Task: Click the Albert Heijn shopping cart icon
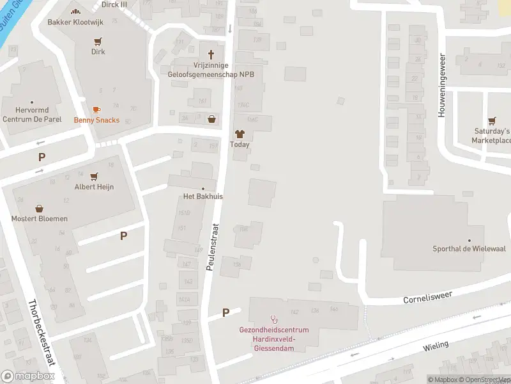pyautogui.click(x=94, y=177)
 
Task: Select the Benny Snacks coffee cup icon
pyautogui.click(x=96, y=110)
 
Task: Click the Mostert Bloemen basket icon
pyautogui.click(x=40, y=209)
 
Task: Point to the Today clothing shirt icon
pyautogui.click(x=240, y=134)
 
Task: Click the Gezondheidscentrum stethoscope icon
pyautogui.click(x=275, y=319)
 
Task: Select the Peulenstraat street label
pyautogui.click(x=213, y=246)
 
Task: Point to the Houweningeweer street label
pyautogui.click(x=441, y=84)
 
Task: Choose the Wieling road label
pyautogui.click(x=436, y=346)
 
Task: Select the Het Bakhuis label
pyautogui.click(x=202, y=196)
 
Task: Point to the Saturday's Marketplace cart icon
pyautogui.click(x=492, y=120)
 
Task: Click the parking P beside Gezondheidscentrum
pyautogui.click(x=225, y=313)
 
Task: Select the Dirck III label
pyautogui.click(x=115, y=4)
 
